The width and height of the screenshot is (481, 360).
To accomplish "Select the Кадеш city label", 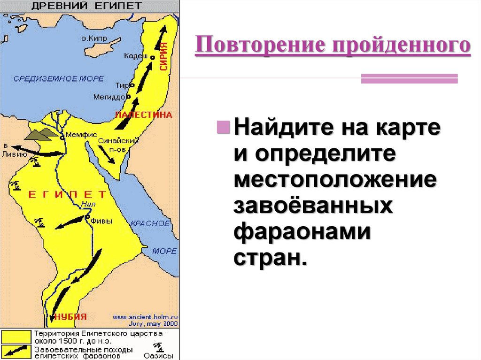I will click(135, 56).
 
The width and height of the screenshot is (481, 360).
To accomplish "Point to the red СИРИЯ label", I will click(163, 56).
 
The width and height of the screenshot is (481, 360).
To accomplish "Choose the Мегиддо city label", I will click(109, 97).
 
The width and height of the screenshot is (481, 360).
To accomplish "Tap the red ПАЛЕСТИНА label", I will click(144, 115).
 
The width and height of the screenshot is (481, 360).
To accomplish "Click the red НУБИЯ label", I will click(70, 315).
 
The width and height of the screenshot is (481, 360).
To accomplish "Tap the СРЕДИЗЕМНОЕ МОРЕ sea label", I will click(58, 78).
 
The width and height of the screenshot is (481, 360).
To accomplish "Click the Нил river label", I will click(88, 204).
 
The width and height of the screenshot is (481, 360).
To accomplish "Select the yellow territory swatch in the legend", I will click(16, 337).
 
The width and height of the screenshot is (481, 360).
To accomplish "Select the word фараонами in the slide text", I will click(301, 232).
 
